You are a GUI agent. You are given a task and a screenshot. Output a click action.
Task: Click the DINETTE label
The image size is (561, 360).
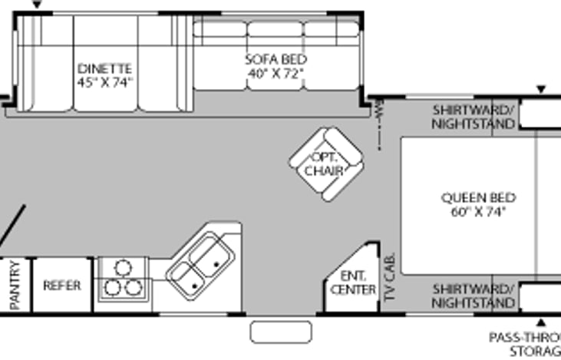click(105, 68)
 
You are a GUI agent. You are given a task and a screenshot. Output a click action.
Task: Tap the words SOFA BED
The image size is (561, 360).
click(276, 59)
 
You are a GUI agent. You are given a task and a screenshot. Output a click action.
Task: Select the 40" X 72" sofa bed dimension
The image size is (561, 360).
click(276, 73)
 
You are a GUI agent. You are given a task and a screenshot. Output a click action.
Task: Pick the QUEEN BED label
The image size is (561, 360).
click(478, 197)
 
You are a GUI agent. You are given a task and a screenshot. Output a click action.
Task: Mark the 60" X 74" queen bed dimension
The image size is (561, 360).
click(478, 212)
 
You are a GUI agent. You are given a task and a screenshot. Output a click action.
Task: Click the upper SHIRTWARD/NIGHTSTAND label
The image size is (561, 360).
click(473, 116)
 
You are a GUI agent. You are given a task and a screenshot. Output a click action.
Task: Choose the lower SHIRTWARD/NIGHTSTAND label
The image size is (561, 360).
click(473, 296)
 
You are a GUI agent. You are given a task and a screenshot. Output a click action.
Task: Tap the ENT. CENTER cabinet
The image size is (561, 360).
click(352, 282)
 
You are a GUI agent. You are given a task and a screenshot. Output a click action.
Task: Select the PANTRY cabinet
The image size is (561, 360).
click(15, 286)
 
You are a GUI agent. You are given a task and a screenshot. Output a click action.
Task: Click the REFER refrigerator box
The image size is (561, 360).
click(62, 286)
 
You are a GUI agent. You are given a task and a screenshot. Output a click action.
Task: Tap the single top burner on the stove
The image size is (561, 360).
click(122, 268)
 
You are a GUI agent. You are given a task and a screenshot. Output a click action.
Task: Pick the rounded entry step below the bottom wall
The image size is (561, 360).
click(282, 332)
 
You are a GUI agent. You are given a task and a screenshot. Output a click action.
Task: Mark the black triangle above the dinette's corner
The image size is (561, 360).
click(37, 6)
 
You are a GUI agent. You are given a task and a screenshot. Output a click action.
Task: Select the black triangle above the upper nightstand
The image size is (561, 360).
click(540, 91)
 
